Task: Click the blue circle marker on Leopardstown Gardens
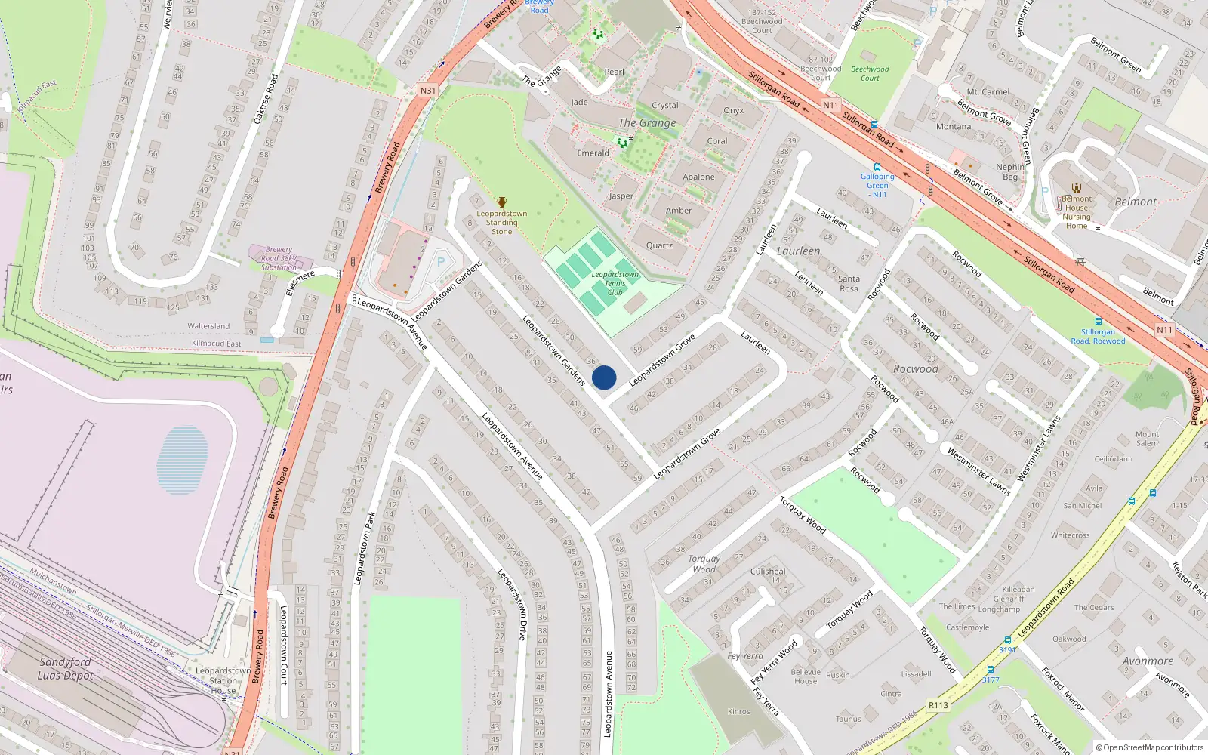click(x=604, y=377)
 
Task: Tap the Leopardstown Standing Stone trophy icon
click(x=502, y=202)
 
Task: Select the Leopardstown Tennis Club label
click(x=615, y=284)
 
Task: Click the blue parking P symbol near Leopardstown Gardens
click(x=441, y=261)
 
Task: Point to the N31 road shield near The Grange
click(x=428, y=91)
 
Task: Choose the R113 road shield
click(x=938, y=705)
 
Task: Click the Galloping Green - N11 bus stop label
click(x=877, y=185)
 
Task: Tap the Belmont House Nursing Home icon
click(x=1077, y=188)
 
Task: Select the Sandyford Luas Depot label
click(x=66, y=668)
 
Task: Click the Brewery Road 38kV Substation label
click(x=279, y=258)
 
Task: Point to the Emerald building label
click(x=593, y=153)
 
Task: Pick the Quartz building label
click(x=659, y=245)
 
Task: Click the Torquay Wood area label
click(x=704, y=564)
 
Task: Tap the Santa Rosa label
click(x=849, y=284)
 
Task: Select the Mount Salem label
click(x=1147, y=439)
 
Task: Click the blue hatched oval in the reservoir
click(x=182, y=461)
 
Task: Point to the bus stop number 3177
click(x=991, y=679)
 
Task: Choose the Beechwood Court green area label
click(x=870, y=73)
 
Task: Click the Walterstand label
click(x=208, y=326)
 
